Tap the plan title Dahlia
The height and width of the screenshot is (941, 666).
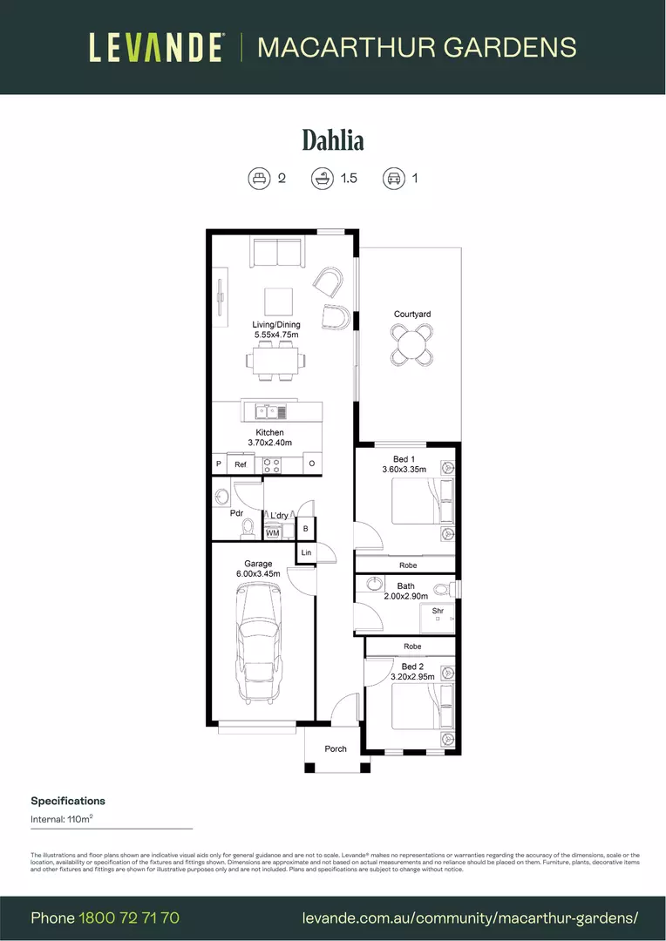(x=333, y=139)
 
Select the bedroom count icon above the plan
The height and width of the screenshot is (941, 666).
(x=258, y=179)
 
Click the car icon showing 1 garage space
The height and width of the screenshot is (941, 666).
(x=393, y=179)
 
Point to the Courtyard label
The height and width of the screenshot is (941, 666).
(x=412, y=315)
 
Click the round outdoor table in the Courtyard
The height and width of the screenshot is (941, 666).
(x=412, y=344)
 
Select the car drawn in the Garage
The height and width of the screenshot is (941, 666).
(x=259, y=643)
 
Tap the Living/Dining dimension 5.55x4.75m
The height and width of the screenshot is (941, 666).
(x=276, y=335)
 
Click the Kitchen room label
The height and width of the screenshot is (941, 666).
(x=269, y=433)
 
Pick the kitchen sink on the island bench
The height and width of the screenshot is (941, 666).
(x=271, y=411)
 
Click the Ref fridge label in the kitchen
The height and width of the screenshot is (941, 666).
(x=241, y=465)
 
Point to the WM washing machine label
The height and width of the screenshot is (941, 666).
(x=273, y=532)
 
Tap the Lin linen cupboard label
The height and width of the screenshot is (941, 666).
(x=306, y=553)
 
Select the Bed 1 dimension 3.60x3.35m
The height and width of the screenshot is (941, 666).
(x=404, y=470)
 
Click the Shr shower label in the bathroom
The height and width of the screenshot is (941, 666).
(x=438, y=611)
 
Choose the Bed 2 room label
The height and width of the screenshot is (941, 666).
(x=412, y=667)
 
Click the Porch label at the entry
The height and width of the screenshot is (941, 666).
(x=336, y=748)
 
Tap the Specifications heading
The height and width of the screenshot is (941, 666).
(x=68, y=801)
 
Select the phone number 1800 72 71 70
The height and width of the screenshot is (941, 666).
(x=129, y=917)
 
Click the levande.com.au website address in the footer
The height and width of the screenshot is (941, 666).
(x=470, y=917)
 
